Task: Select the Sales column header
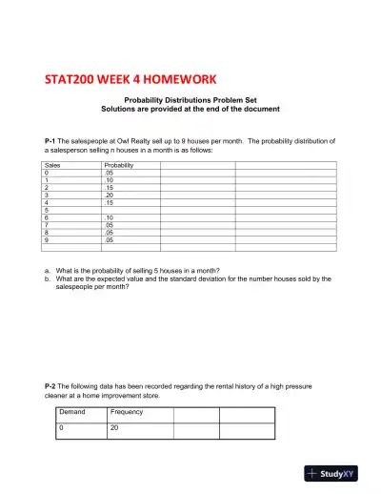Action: click(x=52, y=165)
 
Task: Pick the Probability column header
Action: click(x=119, y=165)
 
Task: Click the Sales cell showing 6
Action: click(x=47, y=217)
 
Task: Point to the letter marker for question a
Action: click(x=48, y=271)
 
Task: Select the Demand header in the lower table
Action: click(x=72, y=412)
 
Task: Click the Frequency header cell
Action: click(x=127, y=412)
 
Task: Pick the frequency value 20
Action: click(x=113, y=428)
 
